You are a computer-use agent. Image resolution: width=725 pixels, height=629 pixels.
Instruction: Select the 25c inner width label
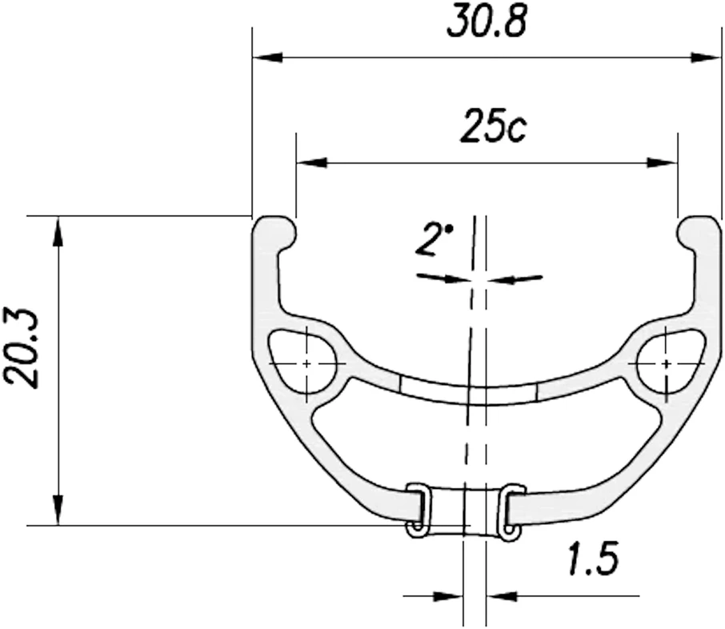493,126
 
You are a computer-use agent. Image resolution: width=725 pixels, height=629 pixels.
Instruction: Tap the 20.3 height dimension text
22,347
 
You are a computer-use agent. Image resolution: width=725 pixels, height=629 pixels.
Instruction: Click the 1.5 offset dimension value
593,559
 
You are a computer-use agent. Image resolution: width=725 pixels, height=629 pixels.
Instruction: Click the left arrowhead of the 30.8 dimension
267,58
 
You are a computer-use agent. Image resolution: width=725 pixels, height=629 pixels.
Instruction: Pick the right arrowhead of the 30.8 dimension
706,58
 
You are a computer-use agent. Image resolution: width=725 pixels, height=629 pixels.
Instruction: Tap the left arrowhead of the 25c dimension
311,162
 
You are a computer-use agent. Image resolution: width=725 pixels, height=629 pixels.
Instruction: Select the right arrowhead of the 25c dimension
662,162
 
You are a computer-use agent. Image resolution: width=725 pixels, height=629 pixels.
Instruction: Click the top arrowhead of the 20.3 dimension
58,231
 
